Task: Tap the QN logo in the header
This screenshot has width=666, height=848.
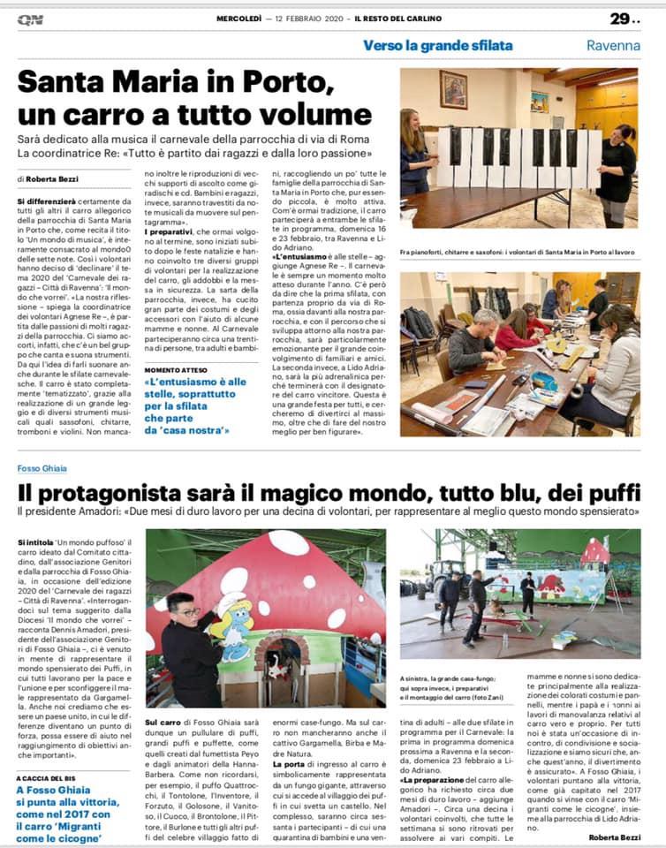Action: point(30,19)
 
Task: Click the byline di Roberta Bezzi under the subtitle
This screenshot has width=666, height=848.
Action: point(52,178)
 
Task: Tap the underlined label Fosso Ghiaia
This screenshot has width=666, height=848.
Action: point(44,468)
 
